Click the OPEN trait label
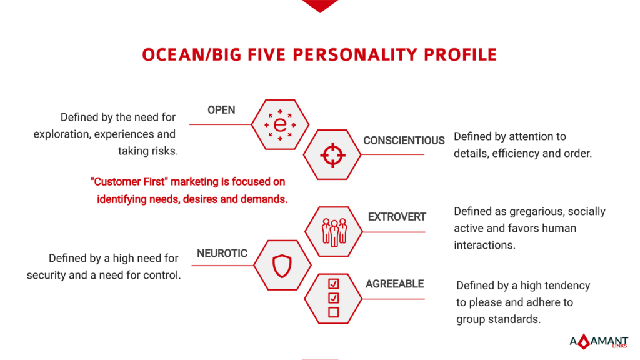tap(221, 110)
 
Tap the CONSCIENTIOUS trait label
tap(404, 141)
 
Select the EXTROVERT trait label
tap(397, 217)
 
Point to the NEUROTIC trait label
tap(222, 254)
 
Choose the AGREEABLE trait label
tap(395, 284)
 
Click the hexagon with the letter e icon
tap(280, 124)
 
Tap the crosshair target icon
tap(332, 155)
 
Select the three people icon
tap(334, 232)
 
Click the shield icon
tap(282, 266)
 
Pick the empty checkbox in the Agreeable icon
tap(334, 312)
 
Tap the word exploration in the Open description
tap(61, 134)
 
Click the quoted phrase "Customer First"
tap(129, 181)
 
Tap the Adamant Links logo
tap(599, 341)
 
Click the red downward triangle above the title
tap(320, 5)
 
